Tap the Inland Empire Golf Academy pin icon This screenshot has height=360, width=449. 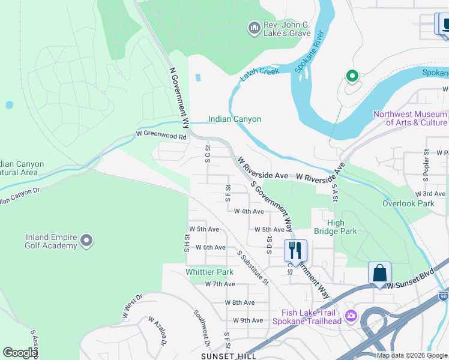click(86, 241)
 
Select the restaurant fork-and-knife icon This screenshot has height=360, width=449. click(295, 250)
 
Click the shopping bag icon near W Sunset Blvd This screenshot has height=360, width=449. click(379, 272)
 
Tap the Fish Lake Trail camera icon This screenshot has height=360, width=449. click(351, 316)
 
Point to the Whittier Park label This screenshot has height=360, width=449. click(209, 272)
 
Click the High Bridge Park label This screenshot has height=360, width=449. click(335, 227)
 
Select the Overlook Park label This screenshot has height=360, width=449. click(408, 203)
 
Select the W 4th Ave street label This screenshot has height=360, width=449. click(249, 211)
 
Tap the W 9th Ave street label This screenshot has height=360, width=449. click(248, 320)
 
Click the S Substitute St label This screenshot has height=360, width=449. click(253, 266)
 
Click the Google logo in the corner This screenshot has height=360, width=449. click(20, 353)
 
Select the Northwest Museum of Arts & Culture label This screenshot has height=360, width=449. click(410, 118)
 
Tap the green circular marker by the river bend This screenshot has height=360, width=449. click(352, 76)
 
